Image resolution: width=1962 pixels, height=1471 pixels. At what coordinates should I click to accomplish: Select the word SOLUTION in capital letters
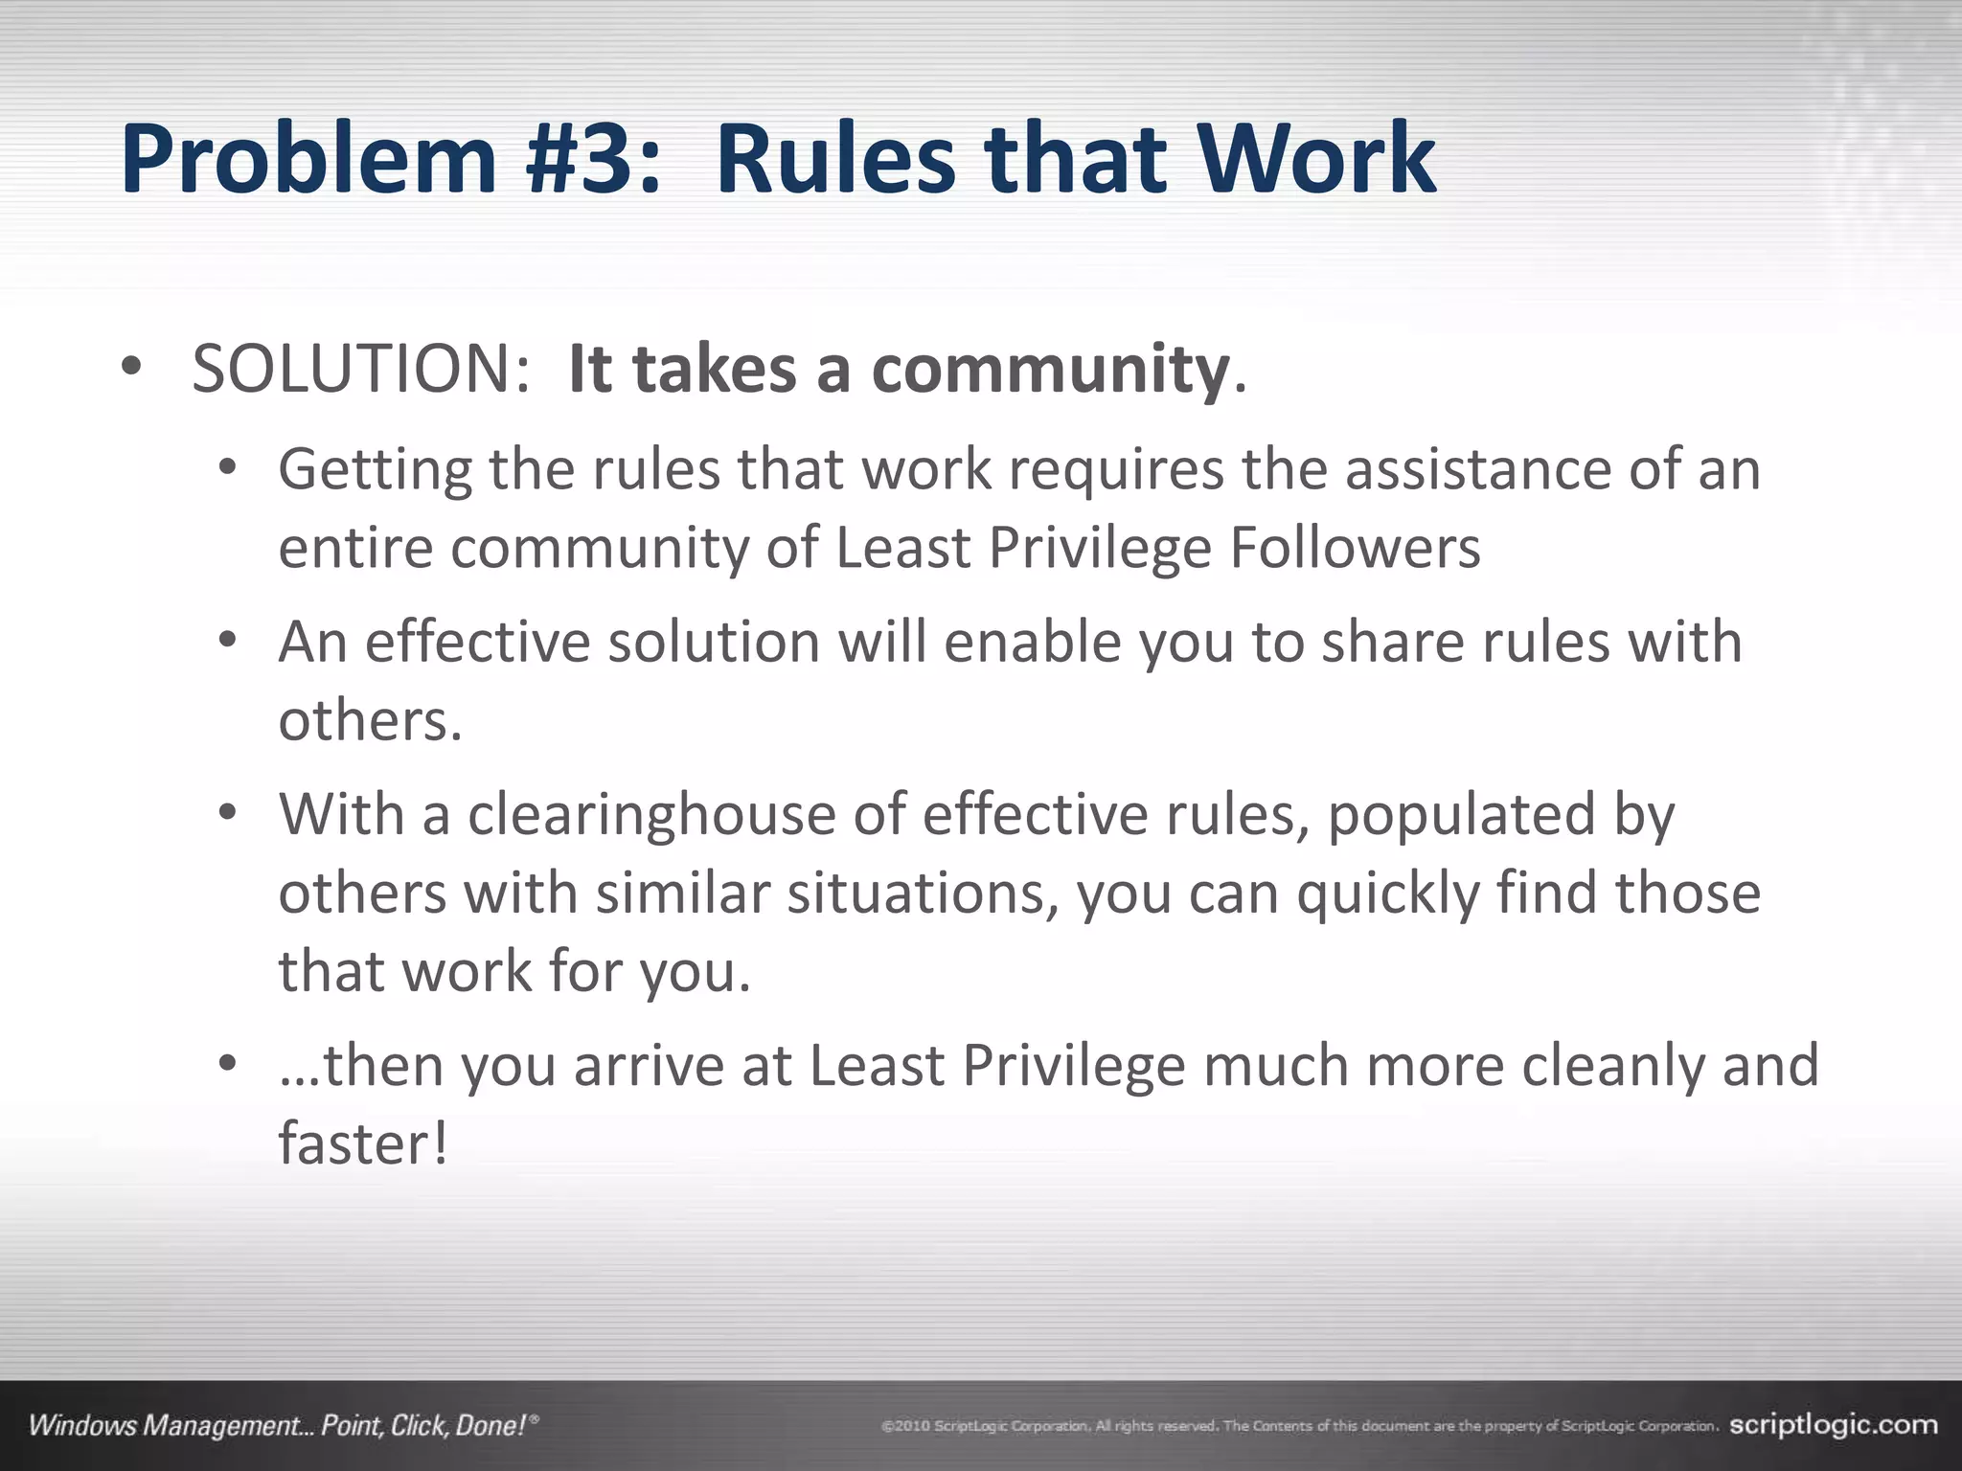(360, 369)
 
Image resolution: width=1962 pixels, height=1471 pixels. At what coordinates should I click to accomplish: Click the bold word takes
(715, 369)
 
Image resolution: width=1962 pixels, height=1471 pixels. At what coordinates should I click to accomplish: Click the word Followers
(1355, 548)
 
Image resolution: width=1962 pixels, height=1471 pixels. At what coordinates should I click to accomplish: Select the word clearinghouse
(651, 816)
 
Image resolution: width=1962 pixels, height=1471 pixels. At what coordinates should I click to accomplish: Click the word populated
(1462, 816)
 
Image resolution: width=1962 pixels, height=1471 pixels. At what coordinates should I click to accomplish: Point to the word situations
(924, 894)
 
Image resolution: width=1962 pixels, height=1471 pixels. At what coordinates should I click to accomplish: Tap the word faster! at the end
(363, 1143)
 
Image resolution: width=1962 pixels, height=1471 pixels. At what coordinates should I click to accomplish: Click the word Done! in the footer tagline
(491, 1426)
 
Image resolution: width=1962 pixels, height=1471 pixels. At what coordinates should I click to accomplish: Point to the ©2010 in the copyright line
(905, 1427)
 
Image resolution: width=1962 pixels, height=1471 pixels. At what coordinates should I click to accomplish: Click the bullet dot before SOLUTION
(131, 369)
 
